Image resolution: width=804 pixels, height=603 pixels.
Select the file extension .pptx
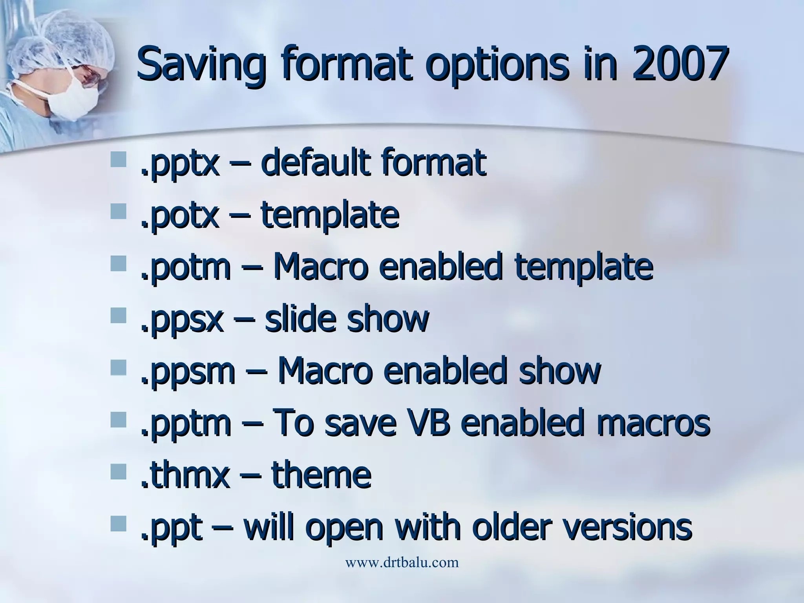pos(179,164)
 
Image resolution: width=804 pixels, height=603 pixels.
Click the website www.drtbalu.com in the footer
pos(402,563)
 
